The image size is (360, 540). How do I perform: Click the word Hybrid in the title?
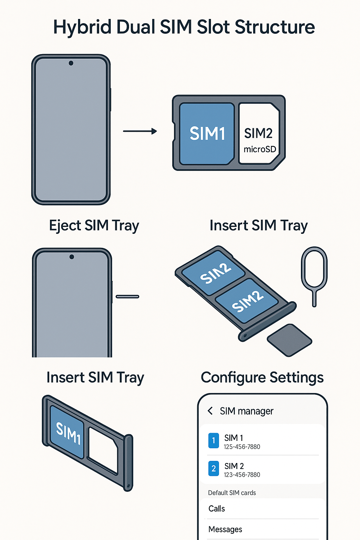pos(82,27)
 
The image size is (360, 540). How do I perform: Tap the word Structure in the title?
pos(275,27)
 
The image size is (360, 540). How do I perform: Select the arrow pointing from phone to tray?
pos(140,131)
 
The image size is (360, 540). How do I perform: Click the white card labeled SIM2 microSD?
pos(259,134)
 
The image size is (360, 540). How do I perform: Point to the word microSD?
pos(260,149)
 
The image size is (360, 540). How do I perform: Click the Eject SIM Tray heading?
pos(94,226)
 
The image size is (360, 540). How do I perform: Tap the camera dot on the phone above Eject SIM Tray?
pos(71,63)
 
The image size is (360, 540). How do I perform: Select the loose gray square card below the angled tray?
pos(289,340)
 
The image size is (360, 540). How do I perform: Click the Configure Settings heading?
pos(262,378)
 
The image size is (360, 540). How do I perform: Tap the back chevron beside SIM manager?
pos(210,411)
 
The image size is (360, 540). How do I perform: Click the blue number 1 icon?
pos(213,441)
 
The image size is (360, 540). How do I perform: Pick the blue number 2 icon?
pos(213,468)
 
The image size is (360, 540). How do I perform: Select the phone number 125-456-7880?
pos(242,447)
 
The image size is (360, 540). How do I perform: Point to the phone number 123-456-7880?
pos(242,475)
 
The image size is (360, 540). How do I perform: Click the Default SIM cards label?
pos(232,493)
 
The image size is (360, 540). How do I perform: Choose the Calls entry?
pos(217,509)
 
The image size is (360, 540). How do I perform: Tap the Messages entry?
pos(225,529)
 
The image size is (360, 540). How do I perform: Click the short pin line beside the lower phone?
pos(127,297)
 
